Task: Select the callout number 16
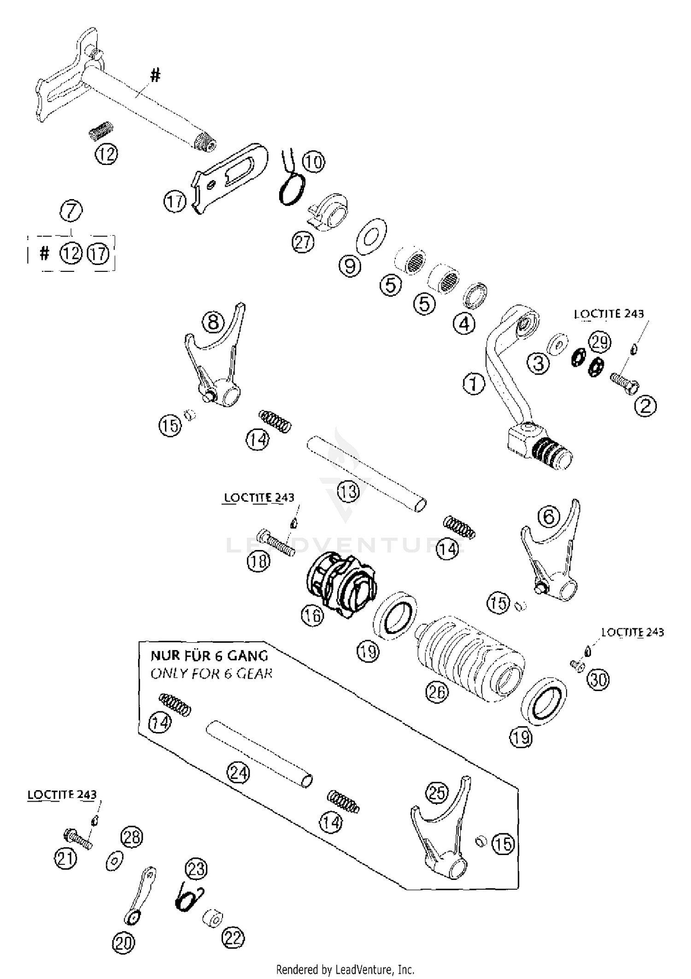pyautogui.click(x=313, y=616)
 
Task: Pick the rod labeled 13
pyautogui.click(x=366, y=473)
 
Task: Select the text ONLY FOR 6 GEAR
pyautogui.click(x=211, y=674)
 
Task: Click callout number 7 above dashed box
pyautogui.click(x=71, y=211)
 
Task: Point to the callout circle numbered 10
pyautogui.click(x=314, y=162)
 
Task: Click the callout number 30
pyautogui.click(x=599, y=680)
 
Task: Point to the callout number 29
pyautogui.click(x=599, y=342)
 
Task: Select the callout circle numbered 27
pyautogui.click(x=303, y=242)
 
